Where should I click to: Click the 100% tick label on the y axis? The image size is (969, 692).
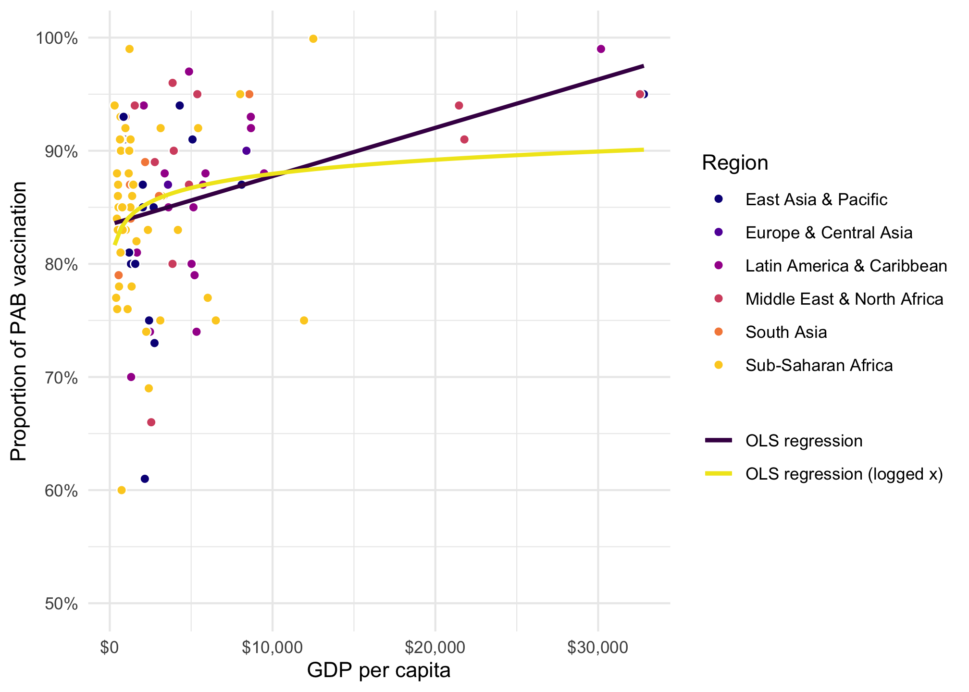pos(57,38)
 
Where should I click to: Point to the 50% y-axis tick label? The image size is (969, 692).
pos(61,604)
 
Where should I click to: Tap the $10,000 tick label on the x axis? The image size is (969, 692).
pos(273,647)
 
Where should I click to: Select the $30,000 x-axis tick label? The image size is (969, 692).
pos(597,647)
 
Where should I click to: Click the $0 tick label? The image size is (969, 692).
pos(110,647)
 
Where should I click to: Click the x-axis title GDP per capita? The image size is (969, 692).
pos(379,670)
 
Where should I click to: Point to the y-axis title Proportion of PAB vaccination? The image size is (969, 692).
pos(19,321)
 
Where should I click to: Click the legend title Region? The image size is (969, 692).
pos(735,163)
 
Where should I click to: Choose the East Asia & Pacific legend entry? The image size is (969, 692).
pos(816,199)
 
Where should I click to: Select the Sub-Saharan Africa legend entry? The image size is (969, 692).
pos(819,366)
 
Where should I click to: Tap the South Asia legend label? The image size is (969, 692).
pos(786,333)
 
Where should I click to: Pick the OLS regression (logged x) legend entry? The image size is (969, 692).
pos(844,474)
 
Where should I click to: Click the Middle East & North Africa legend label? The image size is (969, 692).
pos(844,299)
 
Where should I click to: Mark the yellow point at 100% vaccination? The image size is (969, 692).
pos(313,39)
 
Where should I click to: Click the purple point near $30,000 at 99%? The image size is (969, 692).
pos(601,49)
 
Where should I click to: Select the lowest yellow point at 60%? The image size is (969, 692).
pos(122,490)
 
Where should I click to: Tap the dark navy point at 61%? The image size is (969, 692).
pos(145,479)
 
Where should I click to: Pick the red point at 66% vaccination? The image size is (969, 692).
pos(151,422)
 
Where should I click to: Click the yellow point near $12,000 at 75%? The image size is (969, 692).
pos(304,321)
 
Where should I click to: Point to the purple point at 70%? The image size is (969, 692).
pos(131,377)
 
